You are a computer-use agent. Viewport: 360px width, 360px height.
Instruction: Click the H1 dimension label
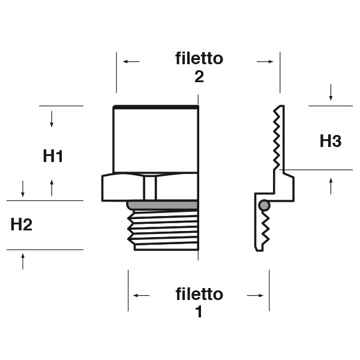[53, 157]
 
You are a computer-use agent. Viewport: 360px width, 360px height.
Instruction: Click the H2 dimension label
[22, 225]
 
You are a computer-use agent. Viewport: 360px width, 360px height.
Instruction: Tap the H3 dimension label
[331, 142]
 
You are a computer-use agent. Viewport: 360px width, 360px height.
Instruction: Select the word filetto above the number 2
[199, 59]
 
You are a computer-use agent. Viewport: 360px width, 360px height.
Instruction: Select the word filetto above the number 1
[199, 295]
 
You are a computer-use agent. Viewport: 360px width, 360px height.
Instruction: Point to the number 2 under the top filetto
[199, 77]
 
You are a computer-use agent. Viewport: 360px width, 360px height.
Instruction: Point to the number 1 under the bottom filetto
[199, 313]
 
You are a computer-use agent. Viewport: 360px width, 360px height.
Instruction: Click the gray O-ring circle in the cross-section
[264, 205]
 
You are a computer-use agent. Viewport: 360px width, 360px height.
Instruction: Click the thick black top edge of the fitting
[155, 107]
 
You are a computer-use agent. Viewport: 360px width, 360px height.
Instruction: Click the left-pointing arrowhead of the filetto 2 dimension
[127, 61]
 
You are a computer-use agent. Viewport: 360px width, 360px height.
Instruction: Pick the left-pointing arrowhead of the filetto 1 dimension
[139, 295]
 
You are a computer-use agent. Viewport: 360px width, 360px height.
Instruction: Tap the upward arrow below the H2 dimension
[23, 260]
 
